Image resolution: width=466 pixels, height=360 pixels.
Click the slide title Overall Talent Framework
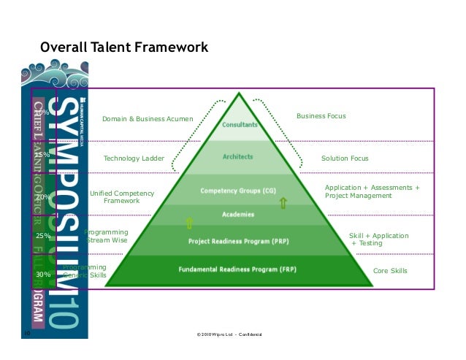click(x=124, y=48)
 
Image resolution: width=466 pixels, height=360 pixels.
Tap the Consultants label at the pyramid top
click(x=240, y=125)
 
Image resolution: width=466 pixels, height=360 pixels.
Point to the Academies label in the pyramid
click(x=239, y=215)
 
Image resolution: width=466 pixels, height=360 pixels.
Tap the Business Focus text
click(x=321, y=116)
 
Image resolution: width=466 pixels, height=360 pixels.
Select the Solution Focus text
click(x=345, y=158)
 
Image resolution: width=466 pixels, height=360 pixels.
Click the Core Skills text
click(x=390, y=271)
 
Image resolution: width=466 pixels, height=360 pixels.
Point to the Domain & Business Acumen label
click(x=148, y=118)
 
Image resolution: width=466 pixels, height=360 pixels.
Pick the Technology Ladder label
click(x=134, y=158)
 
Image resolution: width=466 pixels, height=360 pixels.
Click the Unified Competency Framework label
click(x=122, y=196)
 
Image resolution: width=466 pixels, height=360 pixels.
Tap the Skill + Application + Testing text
click(x=378, y=240)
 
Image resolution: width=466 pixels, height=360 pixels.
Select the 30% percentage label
click(x=43, y=275)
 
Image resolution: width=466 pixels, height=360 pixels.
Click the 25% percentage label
click(x=43, y=236)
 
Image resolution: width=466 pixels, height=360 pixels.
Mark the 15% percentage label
click(x=42, y=155)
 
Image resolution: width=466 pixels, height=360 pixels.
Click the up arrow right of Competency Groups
click(x=283, y=202)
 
